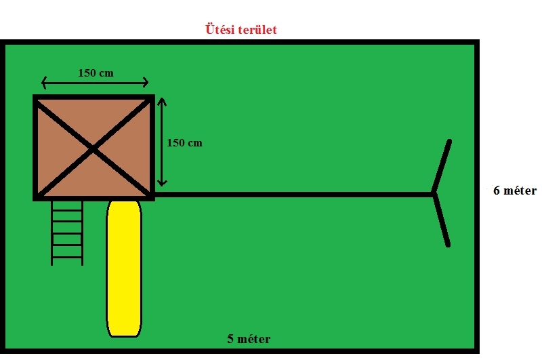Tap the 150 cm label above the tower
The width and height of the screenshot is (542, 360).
pos(96,73)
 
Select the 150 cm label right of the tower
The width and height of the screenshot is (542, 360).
pos(184,143)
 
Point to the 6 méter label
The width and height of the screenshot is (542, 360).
pos(515,191)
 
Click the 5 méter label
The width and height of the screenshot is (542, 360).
pos(249,339)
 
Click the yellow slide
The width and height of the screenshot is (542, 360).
pos(124,268)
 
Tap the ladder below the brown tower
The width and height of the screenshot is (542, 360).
pos(67,233)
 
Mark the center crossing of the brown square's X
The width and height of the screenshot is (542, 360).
pos(93,149)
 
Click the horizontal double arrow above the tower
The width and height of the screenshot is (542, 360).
pos(95,83)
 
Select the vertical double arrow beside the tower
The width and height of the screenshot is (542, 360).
pos(162,142)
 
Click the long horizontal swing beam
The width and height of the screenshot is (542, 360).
pos(293,195)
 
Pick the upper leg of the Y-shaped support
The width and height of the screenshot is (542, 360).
pos(442,166)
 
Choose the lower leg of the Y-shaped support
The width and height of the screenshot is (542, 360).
pos(442,220)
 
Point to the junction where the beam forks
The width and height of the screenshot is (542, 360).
pos(434,194)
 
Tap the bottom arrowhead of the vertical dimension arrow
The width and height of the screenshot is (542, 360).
pos(162,183)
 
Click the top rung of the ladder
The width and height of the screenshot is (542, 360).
pos(67,210)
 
